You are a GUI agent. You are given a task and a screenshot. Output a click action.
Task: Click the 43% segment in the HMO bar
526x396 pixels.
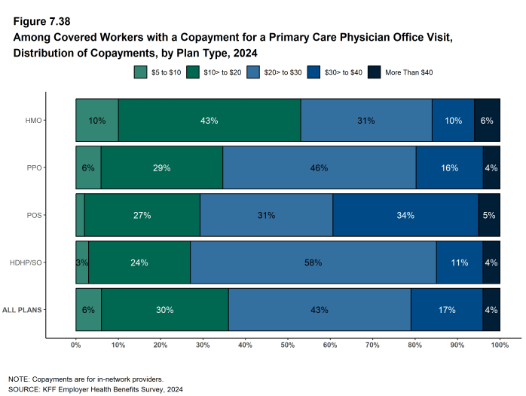[x=209, y=121]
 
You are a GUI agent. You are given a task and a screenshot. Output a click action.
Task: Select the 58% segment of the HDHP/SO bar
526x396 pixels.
[x=313, y=262]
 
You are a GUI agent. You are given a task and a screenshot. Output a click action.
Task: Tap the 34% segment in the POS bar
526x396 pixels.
[x=405, y=215]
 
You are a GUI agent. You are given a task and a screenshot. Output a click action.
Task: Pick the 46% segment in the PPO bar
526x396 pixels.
[x=319, y=167]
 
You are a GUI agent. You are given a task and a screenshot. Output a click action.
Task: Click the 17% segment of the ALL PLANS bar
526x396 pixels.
[x=446, y=310]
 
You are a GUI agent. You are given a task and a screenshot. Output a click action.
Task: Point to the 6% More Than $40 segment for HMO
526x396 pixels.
[x=487, y=121]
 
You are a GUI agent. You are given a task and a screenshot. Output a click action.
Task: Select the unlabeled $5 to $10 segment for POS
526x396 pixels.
[x=80, y=215]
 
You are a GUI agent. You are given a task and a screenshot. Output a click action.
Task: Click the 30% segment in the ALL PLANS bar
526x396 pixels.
[x=165, y=310]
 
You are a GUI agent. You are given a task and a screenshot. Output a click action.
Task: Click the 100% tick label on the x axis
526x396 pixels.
[x=499, y=345]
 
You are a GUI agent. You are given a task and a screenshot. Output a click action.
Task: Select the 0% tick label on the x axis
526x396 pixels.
[x=75, y=345]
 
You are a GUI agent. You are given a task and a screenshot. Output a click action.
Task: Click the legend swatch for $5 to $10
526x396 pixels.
[x=140, y=72]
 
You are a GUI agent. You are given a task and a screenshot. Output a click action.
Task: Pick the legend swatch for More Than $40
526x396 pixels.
[x=374, y=72]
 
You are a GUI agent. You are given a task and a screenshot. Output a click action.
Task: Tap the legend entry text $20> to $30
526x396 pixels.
[x=282, y=72]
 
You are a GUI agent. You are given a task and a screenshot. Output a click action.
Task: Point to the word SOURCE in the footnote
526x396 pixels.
[x=24, y=389]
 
